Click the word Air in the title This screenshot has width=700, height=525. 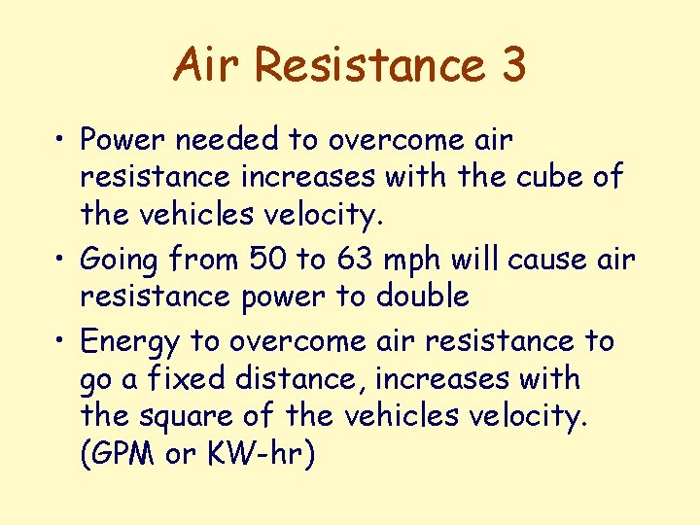pyautogui.click(x=206, y=64)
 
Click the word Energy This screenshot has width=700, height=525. pyautogui.click(x=130, y=342)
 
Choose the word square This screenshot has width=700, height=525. pyautogui.click(x=184, y=416)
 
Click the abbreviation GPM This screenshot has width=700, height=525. pyautogui.click(x=119, y=453)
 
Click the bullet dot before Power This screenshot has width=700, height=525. pyautogui.click(x=60, y=142)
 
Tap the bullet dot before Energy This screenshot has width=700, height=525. pyautogui.click(x=60, y=342)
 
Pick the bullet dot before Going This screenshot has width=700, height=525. pyautogui.click(x=60, y=261)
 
